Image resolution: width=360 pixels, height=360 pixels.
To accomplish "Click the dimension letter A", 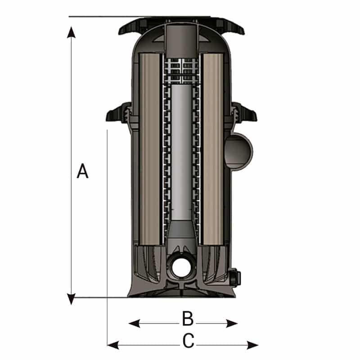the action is (82, 171).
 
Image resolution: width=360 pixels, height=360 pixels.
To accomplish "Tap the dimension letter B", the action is (188, 319).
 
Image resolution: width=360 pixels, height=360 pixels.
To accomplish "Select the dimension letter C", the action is (189, 341).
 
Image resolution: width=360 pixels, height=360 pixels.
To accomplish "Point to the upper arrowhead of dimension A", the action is (72, 32).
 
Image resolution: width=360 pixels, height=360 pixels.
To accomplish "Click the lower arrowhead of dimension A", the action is (72, 299).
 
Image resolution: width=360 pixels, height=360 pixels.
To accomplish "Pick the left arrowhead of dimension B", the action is (135, 324).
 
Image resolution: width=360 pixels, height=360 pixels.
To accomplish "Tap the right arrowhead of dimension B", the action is (231, 324).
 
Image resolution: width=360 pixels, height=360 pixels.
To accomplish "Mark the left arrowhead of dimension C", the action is (113, 345).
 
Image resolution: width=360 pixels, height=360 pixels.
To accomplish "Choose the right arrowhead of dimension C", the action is (252, 345).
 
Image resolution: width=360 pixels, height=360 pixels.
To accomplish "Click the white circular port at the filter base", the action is (181, 268).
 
